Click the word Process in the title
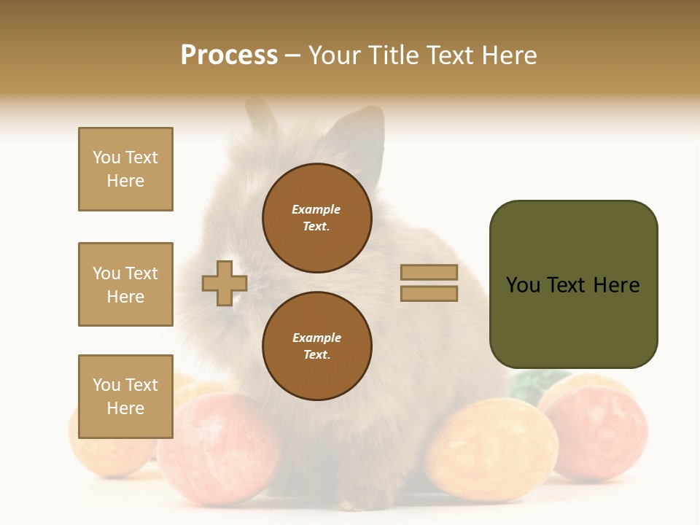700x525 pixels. (x=229, y=55)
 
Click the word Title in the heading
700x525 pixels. (x=392, y=55)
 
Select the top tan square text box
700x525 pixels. (x=125, y=169)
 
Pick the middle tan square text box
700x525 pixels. (x=125, y=284)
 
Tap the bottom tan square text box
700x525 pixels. (x=125, y=397)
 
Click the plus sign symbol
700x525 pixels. (x=224, y=283)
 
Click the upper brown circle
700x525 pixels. (x=317, y=218)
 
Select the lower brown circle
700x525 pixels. (x=317, y=346)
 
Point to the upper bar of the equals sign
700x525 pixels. (x=429, y=272)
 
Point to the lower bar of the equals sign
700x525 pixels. (x=429, y=294)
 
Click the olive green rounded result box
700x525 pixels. (x=573, y=284)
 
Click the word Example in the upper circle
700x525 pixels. (x=316, y=209)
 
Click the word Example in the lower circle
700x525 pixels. (x=316, y=338)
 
